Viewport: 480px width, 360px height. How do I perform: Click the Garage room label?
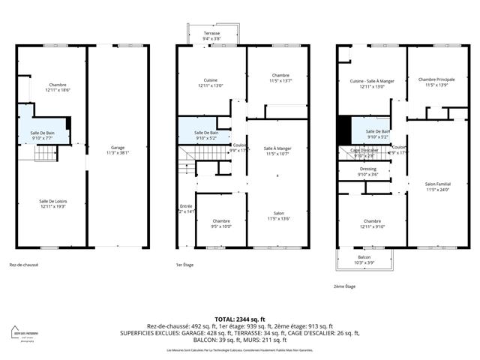click(x=118, y=149)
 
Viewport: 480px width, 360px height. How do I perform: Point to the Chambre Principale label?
click(x=436, y=82)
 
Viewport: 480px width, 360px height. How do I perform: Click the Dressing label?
click(x=369, y=171)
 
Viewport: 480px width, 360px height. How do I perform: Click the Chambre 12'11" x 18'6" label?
click(x=57, y=87)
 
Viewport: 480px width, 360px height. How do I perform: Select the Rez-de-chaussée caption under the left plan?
click(x=24, y=265)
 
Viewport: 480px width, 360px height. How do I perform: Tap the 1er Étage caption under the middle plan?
click(x=184, y=265)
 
